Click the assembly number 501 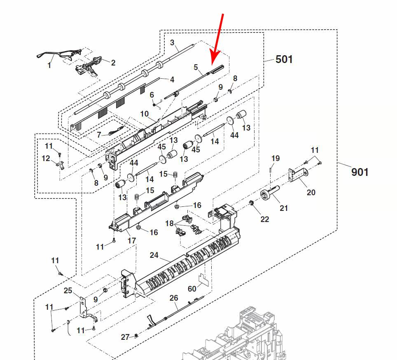pyautogui.click(x=284, y=59)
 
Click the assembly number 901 pyautogui.click(x=360, y=172)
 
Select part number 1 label pyautogui.click(x=49, y=65)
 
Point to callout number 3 pyautogui.click(x=172, y=42)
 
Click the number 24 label pyautogui.click(x=154, y=255)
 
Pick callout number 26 pyautogui.click(x=174, y=298)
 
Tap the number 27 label pyautogui.click(x=125, y=337)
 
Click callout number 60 pyautogui.click(x=192, y=289)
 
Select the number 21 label pyautogui.click(x=284, y=208)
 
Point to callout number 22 pyautogui.click(x=264, y=219)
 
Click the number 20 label pyautogui.click(x=311, y=192)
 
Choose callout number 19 pyautogui.click(x=275, y=158)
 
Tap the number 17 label pyautogui.click(x=131, y=240)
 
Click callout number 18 pyautogui.click(x=170, y=223)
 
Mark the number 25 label pyautogui.click(x=68, y=291)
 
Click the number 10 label pyautogui.click(x=144, y=114)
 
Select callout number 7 pyautogui.click(x=99, y=135)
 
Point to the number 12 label pyautogui.click(x=46, y=159)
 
